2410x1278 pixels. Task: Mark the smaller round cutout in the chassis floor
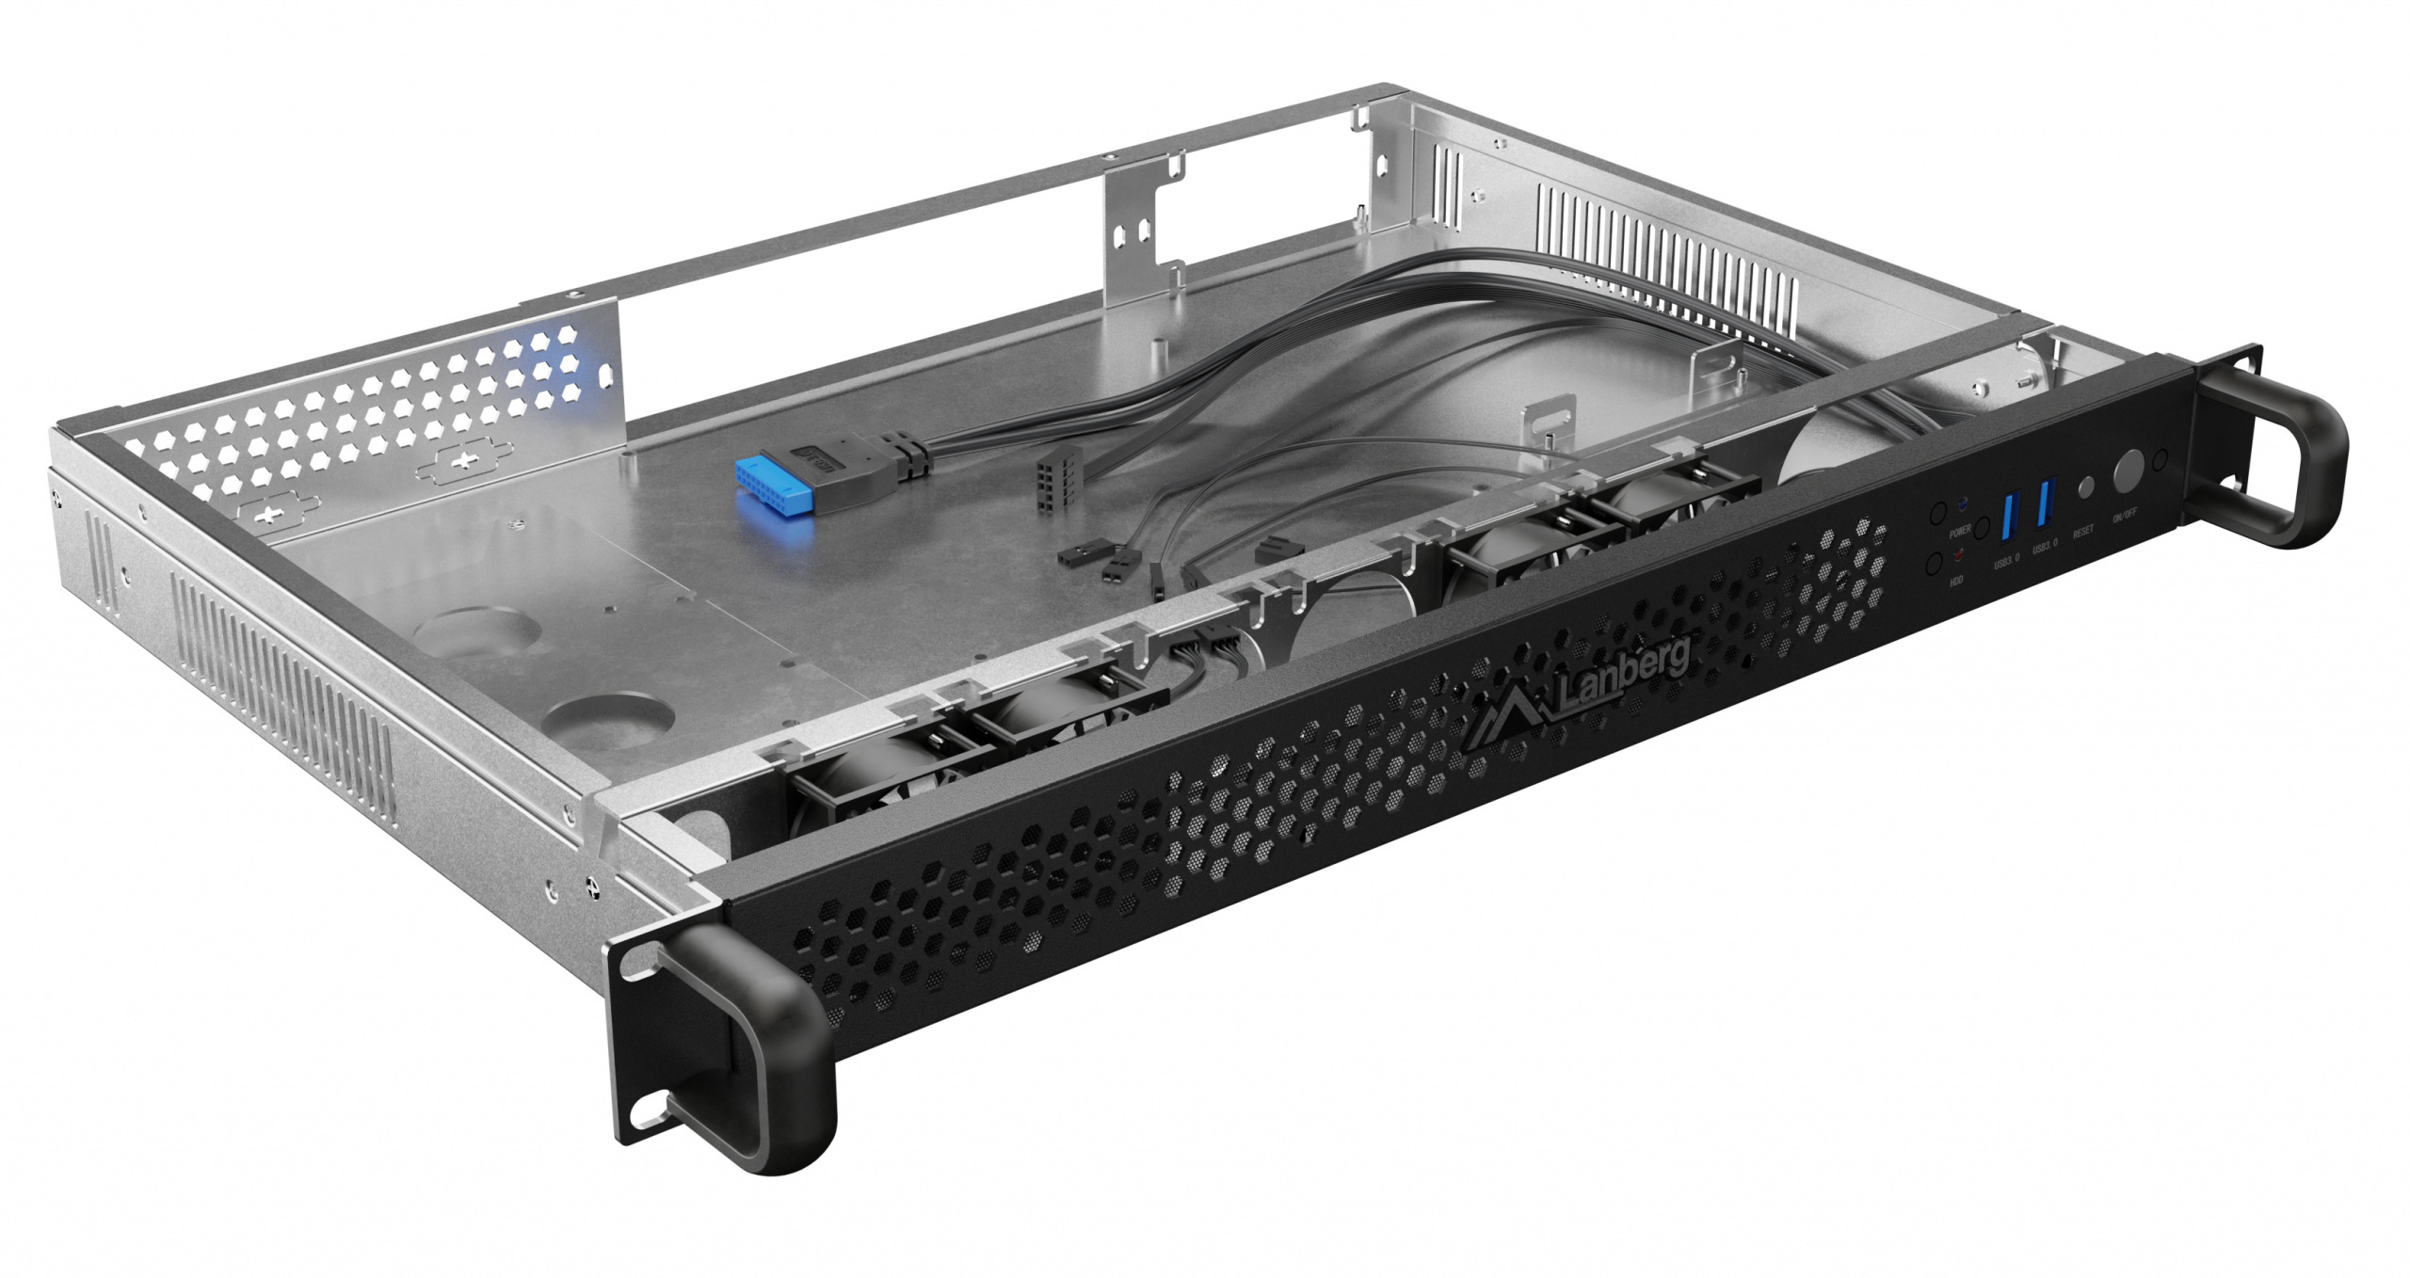(609, 723)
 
